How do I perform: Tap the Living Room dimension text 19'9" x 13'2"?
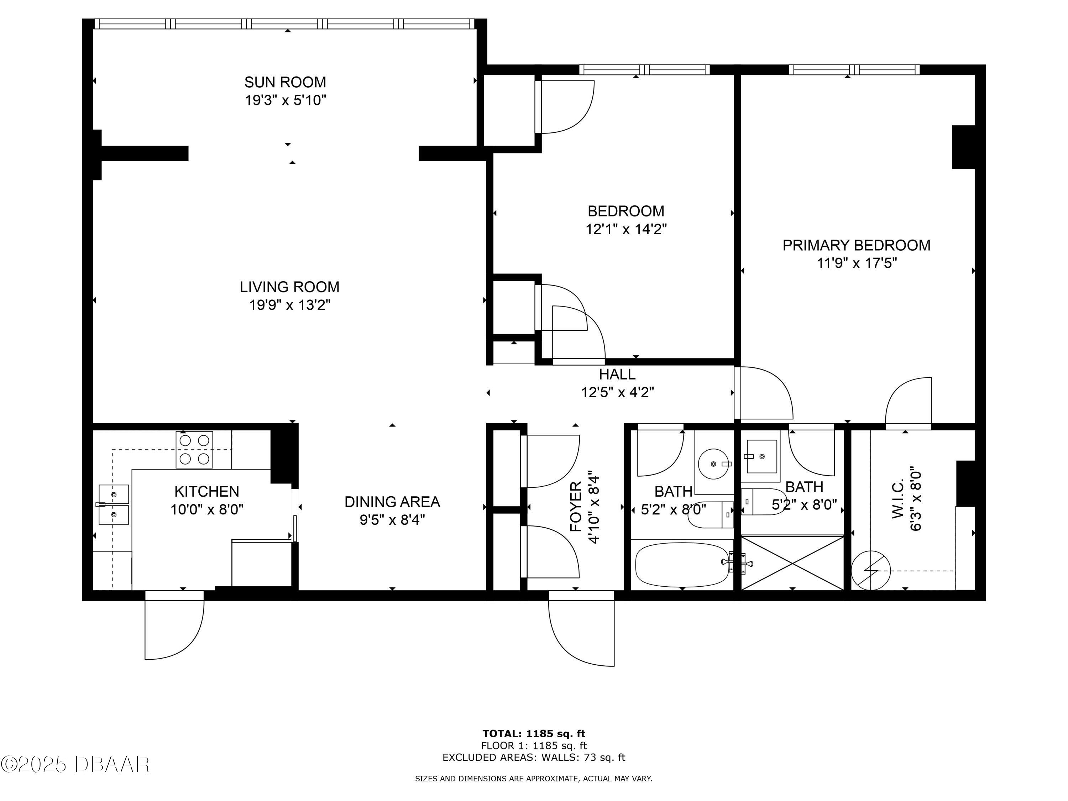290,305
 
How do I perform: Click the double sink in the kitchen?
114,504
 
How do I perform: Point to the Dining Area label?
392,502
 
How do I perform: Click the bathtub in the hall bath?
682,564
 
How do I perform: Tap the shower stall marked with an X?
792,562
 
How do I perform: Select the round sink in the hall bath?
714,464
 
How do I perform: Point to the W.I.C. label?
897,499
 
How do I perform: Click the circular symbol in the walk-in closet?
870,570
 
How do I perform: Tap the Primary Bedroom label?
857,245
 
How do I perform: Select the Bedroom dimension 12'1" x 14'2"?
626,229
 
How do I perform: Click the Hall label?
617,374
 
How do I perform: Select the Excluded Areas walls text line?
534,758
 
